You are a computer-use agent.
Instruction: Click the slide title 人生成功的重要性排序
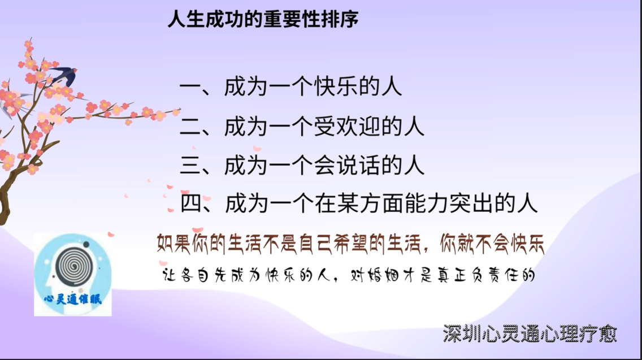click(263, 19)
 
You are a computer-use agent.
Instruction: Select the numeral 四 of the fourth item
click(190, 203)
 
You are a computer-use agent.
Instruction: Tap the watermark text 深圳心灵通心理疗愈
click(530, 335)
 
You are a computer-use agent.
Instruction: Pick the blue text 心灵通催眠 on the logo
click(73, 299)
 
